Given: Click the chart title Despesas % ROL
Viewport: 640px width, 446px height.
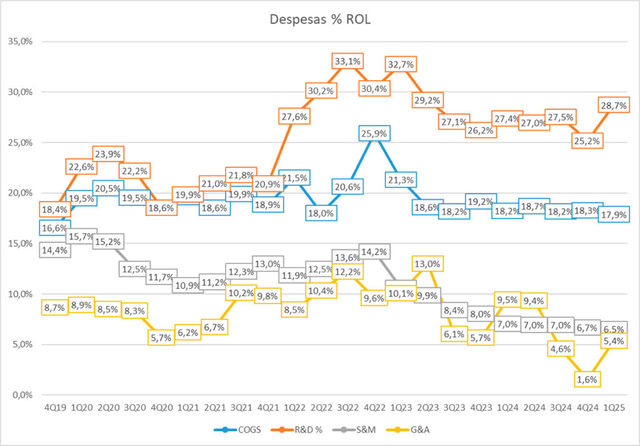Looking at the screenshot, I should point(320,19).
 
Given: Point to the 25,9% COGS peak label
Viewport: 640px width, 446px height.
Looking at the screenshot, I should point(374,133).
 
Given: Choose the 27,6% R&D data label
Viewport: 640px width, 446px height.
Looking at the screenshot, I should point(294,116).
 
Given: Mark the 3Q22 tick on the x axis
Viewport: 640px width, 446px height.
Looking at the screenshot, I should point(348,407).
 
